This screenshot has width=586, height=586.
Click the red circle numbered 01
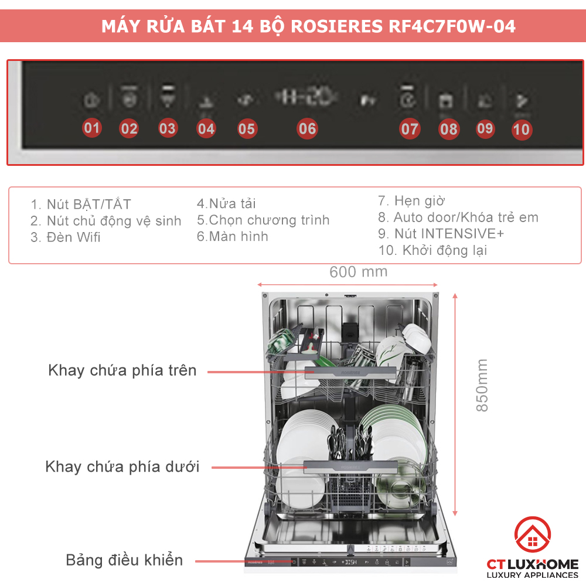pos(92,128)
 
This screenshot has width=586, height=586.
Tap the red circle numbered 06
pos(307,128)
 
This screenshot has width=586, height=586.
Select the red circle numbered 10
pos(521,129)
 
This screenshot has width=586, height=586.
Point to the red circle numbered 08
pos(449,128)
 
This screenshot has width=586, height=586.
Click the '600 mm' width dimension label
pos(358,272)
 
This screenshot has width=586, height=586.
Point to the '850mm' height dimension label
pos(482,385)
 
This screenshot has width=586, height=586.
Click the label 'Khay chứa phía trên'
pos(122,370)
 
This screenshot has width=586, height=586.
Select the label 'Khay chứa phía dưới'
pos(122,467)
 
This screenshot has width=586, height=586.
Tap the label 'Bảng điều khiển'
pos(124,560)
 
